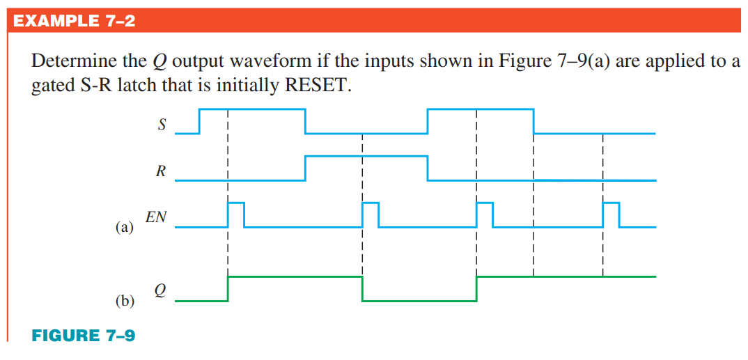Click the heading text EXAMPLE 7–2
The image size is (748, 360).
[74, 21]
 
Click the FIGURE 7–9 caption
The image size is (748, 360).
[84, 336]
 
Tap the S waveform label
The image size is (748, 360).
[162, 126]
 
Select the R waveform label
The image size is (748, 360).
[161, 173]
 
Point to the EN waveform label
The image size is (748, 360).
[156, 217]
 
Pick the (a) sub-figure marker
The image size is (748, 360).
[124, 227]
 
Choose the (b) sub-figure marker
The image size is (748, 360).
[124, 301]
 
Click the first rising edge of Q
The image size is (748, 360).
[228, 289]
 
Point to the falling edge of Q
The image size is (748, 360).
[363, 289]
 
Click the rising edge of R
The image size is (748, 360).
[305, 169]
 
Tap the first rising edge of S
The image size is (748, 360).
[200, 120]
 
